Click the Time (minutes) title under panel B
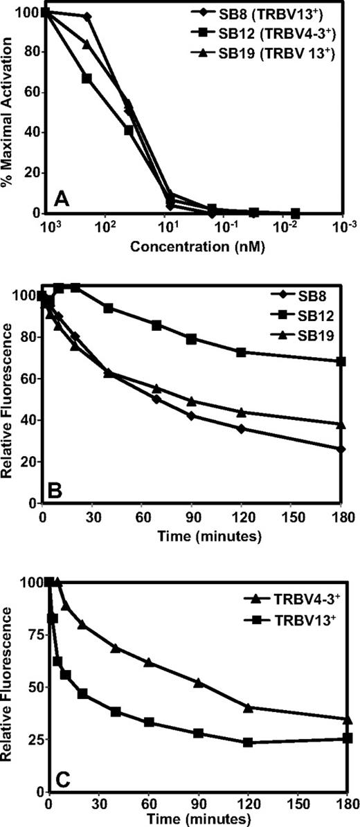[191, 535]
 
